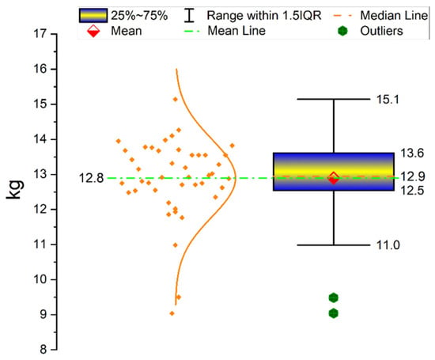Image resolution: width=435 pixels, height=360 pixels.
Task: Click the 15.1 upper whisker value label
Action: click(x=388, y=100)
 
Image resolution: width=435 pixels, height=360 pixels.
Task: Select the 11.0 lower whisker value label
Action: click(x=388, y=245)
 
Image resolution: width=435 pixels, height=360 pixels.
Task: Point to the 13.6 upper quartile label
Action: click(x=412, y=153)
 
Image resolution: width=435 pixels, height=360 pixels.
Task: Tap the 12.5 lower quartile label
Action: click(x=412, y=191)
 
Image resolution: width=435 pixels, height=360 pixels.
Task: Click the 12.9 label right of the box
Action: click(x=413, y=176)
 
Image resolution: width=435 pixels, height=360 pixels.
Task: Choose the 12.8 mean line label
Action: click(x=91, y=178)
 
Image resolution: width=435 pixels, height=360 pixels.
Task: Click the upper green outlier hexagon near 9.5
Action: click(x=334, y=297)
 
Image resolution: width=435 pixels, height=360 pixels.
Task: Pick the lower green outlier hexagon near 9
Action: click(x=334, y=313)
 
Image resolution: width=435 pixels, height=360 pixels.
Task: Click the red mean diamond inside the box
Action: click(x=334, y=178)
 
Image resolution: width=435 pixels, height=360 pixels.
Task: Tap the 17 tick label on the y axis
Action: click(x=40, y=34)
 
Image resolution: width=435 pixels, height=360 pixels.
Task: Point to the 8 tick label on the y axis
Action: click(x=43, y=350)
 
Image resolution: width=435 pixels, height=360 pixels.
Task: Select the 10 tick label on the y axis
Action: click(x=40, y=279)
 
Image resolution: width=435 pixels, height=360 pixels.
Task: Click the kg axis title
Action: click(x=15, y=190)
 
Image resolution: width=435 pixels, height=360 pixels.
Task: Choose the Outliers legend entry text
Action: click(x=381, y=31)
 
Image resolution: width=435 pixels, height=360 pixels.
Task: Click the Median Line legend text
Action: click(x=394, y=15)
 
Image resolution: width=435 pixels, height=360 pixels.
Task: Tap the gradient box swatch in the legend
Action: click(x=93, y=16)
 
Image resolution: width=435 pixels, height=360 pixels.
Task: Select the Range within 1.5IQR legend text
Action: click(x=264, y=15)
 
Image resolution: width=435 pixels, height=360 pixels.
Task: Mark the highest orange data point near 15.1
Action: click(x=176, y=99)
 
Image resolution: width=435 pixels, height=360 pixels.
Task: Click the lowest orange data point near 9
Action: click(x=172, y=313)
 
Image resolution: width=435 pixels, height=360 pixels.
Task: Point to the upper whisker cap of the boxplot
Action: click(x=334, y=99)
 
